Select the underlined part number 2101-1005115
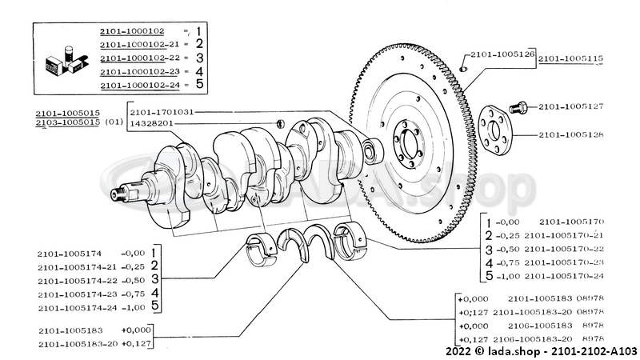[570, 58]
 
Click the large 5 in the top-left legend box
[199, 84]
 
